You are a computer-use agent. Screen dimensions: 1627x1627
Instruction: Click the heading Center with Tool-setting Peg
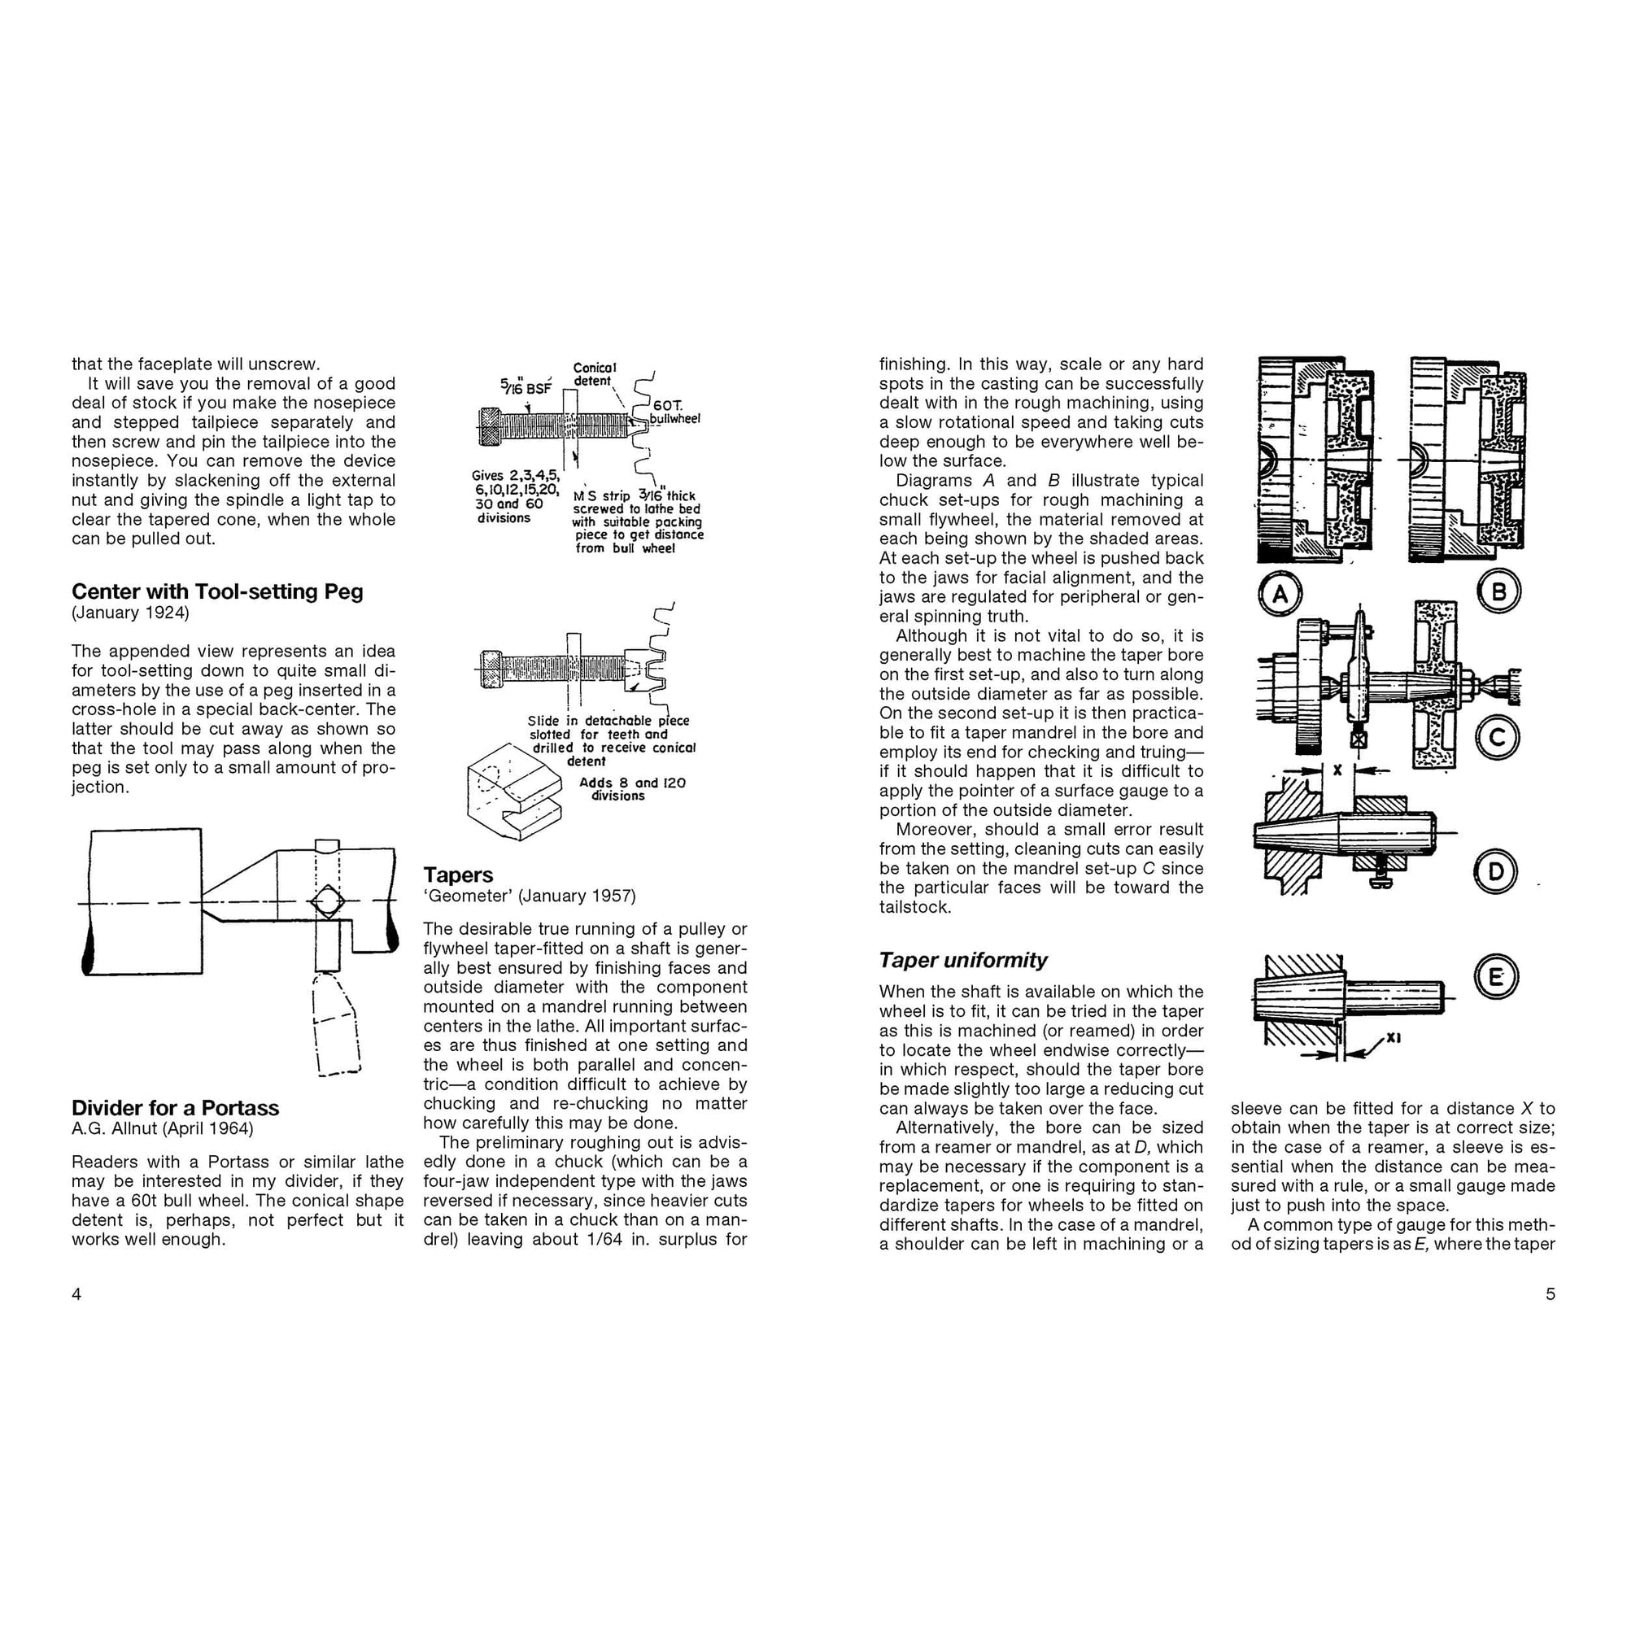click(x=217, y=591)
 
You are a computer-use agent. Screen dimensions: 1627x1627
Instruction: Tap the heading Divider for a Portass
click(x=175, y=1107)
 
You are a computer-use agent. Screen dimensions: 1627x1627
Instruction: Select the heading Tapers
click(x=458, y=875)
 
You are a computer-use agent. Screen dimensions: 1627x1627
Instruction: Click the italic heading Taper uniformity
click(x=962, y=960)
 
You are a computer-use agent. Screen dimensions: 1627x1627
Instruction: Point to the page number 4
click(x=76, y=1294)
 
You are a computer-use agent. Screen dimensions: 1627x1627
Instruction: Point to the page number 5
click(x=1551, y=1294)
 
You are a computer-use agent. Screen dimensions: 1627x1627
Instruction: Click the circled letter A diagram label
click(x=1280, y=595)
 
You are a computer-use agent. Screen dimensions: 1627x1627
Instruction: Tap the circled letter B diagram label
click(x=1499, y=591)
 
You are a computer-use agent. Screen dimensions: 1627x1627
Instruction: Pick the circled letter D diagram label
click(x=1496, y=871)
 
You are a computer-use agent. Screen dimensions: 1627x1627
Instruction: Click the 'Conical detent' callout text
click(x=595, y=374)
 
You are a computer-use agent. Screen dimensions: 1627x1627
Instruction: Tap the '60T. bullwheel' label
click(x=674, y=412)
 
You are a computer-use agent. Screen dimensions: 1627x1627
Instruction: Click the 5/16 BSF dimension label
click(x=525, y=386)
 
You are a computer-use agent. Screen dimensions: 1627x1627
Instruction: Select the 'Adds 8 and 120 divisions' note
click(x=631, y=788)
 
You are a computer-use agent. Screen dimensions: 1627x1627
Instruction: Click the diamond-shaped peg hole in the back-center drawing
click(x=327, y=902)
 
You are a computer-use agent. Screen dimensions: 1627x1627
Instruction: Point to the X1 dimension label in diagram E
click(x=1393, y=1038)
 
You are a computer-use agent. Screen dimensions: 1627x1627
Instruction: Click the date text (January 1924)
click(x=130, y=613)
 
